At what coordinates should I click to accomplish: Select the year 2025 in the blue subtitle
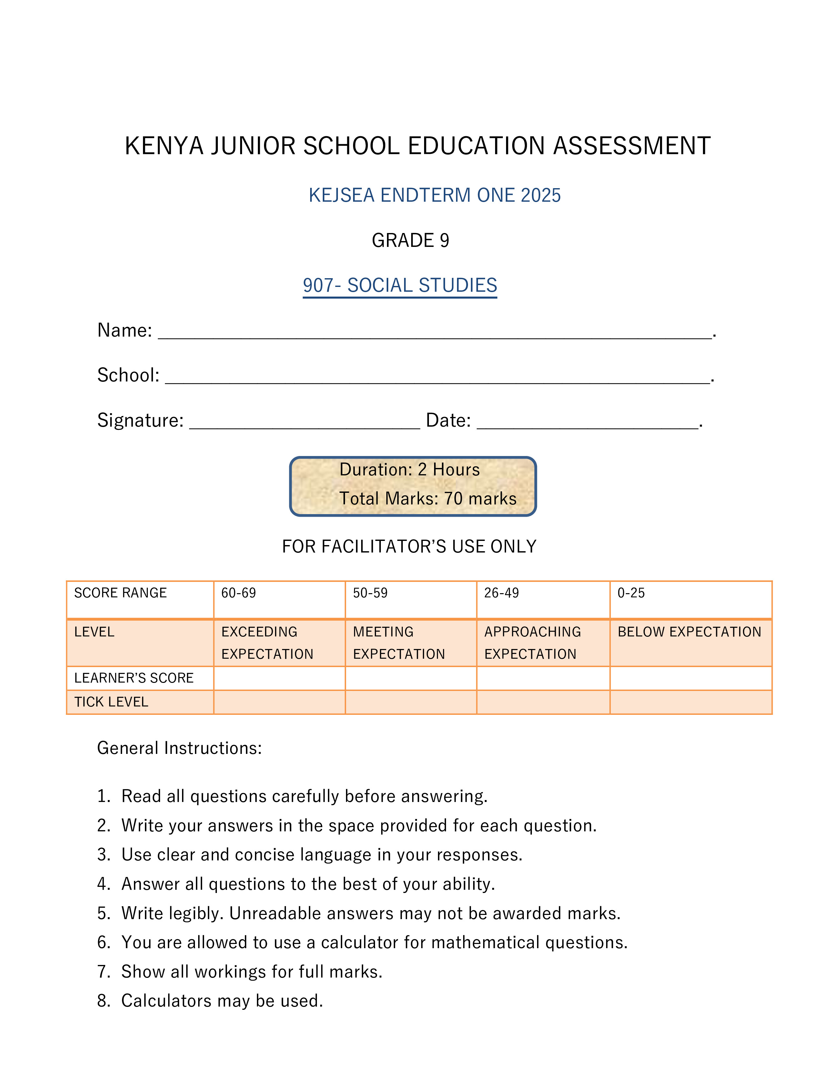click(540, 196)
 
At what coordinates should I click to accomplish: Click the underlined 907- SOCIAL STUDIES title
click(400, 285)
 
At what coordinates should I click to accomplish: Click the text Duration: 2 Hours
click(410, 470)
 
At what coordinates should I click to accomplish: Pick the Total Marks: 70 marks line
click(428, 498)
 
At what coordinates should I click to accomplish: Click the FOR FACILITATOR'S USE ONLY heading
click(409, 547)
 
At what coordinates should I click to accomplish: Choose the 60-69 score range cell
click(279, 599)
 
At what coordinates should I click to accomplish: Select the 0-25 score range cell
click(690, 599)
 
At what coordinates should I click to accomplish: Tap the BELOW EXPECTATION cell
click(689, 632)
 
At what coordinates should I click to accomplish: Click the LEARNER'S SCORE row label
click(134, 678)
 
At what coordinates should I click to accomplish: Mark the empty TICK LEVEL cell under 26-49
click(543, 702)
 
